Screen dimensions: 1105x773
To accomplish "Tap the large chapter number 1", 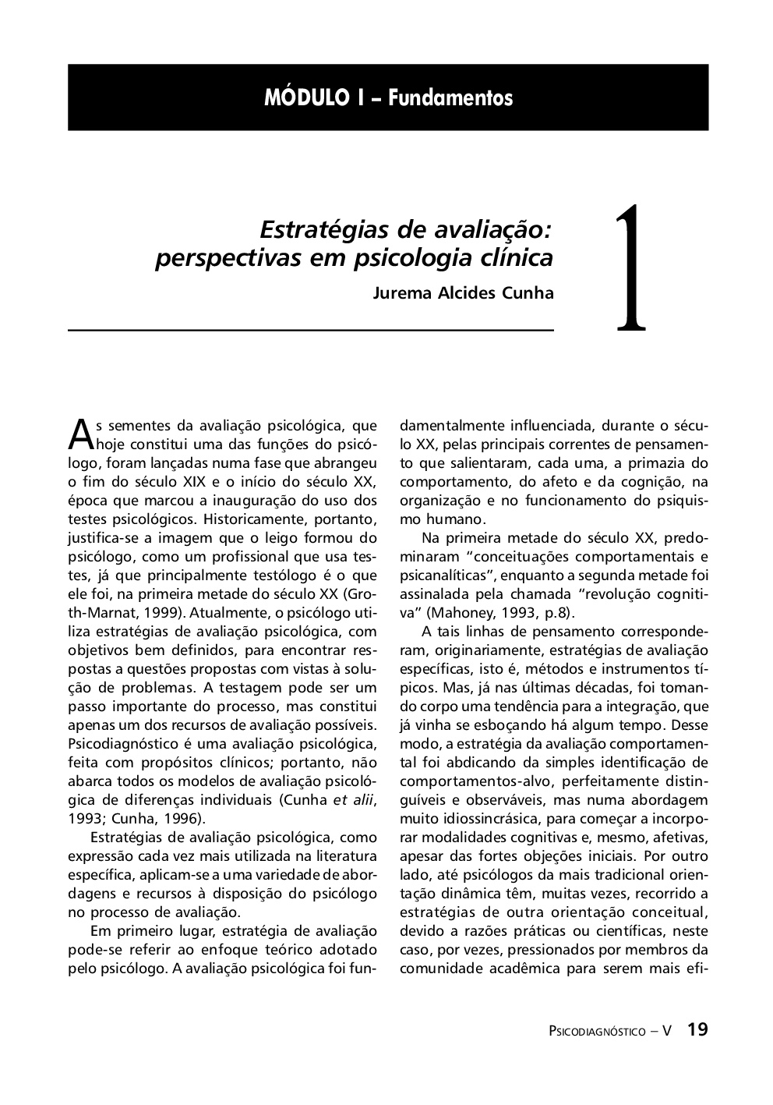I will (631, 269).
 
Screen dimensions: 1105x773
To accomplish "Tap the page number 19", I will (697, 1029).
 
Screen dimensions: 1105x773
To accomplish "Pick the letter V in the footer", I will (667, 1031).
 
